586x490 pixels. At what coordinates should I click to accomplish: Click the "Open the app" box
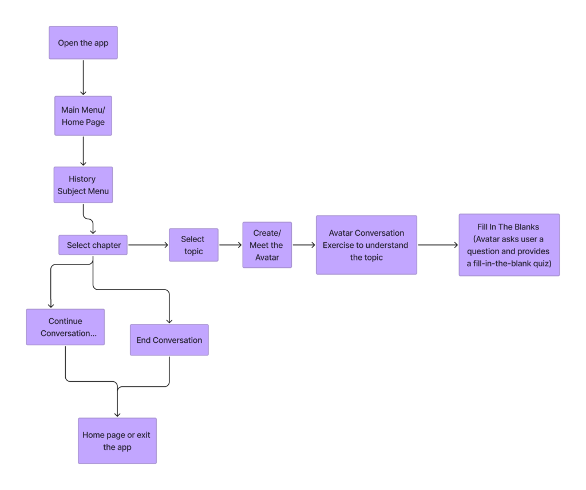pyautogui.click(x=83, y=43)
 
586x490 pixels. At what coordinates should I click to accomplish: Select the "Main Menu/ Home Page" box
pyautogui.click(x=83, y=116)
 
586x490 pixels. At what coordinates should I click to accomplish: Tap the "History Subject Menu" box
pyautogui.click(x=83, y=185)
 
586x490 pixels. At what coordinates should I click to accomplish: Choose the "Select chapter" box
pyautogui.click(x=93, y=245)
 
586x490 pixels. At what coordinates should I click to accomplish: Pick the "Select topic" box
pyautogui.click(x=193, y=245)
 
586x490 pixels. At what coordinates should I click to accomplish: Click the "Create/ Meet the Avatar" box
pyautogui.click(x=267, y=245)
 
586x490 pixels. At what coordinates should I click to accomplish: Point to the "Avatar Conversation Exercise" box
pyautogui.click(x=366, y=245)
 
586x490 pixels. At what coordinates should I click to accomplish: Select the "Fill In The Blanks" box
pyautogui.click(x=509, y=245)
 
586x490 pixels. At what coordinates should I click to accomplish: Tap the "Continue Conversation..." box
pyautogui.click(x=65, y=327)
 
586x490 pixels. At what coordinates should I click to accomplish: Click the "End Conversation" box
pyautogui.click(x=169, y=340)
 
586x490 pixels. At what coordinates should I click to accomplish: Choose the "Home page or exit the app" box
pyautogui.click(x=117, y=441)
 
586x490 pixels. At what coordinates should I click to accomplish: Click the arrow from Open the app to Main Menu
pyautogui.click(x=83, y=77)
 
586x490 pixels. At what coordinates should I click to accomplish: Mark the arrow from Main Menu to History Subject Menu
pyautogui.click(x=83, y=151)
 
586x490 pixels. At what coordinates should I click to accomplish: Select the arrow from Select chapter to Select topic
pyautogui.click(x=148, y=245)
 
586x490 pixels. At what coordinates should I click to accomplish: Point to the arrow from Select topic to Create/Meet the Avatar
pyautogui.click(x=230, y=245)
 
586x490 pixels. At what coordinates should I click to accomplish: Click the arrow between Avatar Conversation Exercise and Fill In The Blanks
pyautogui.click(x=438, y=245)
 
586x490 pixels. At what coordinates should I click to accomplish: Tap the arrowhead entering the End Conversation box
pyautogui.click(x=169, y=320)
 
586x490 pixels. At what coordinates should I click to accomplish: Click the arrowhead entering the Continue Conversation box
pyautogui.click(x=51, y=305)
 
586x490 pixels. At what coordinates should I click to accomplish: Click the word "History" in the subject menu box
pyautogui.click(x=82, y=179)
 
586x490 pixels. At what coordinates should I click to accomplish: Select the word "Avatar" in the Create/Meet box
pyautogui.click(x=267, y=258)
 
